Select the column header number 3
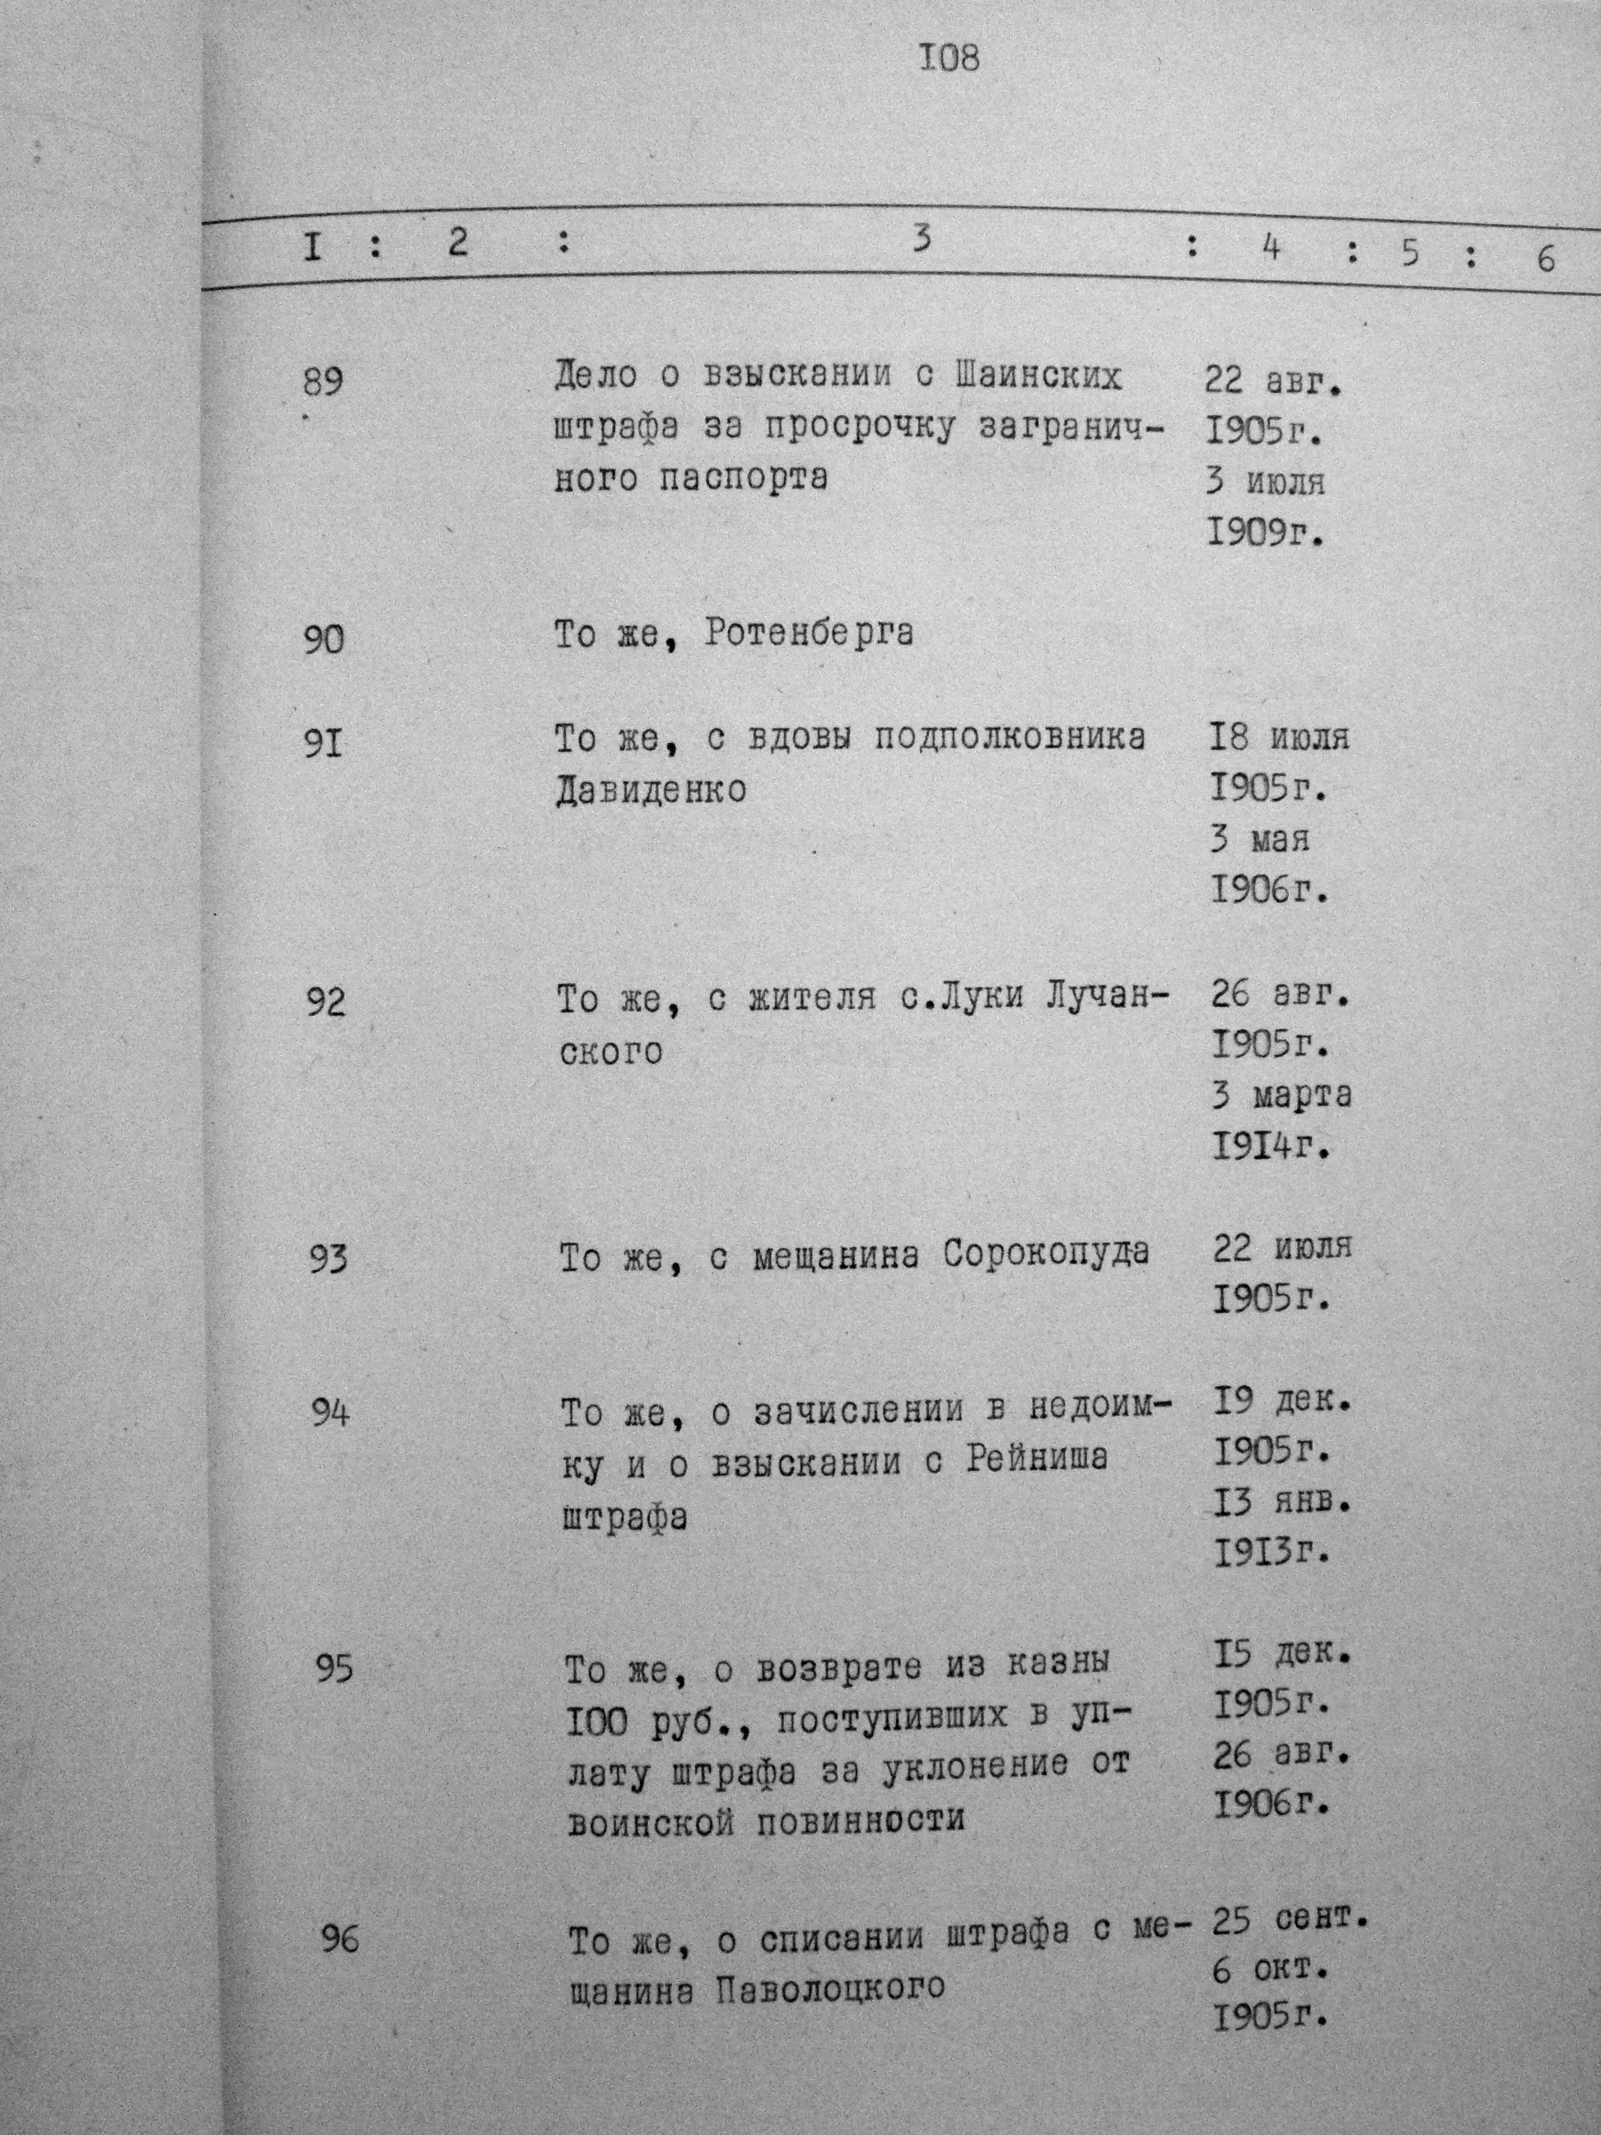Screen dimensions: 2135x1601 point(922,237)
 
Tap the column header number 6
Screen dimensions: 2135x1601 point(1546,258)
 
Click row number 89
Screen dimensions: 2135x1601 point(322,383)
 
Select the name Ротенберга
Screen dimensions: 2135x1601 point(809,634)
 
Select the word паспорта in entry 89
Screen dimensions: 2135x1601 point(743,479)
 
